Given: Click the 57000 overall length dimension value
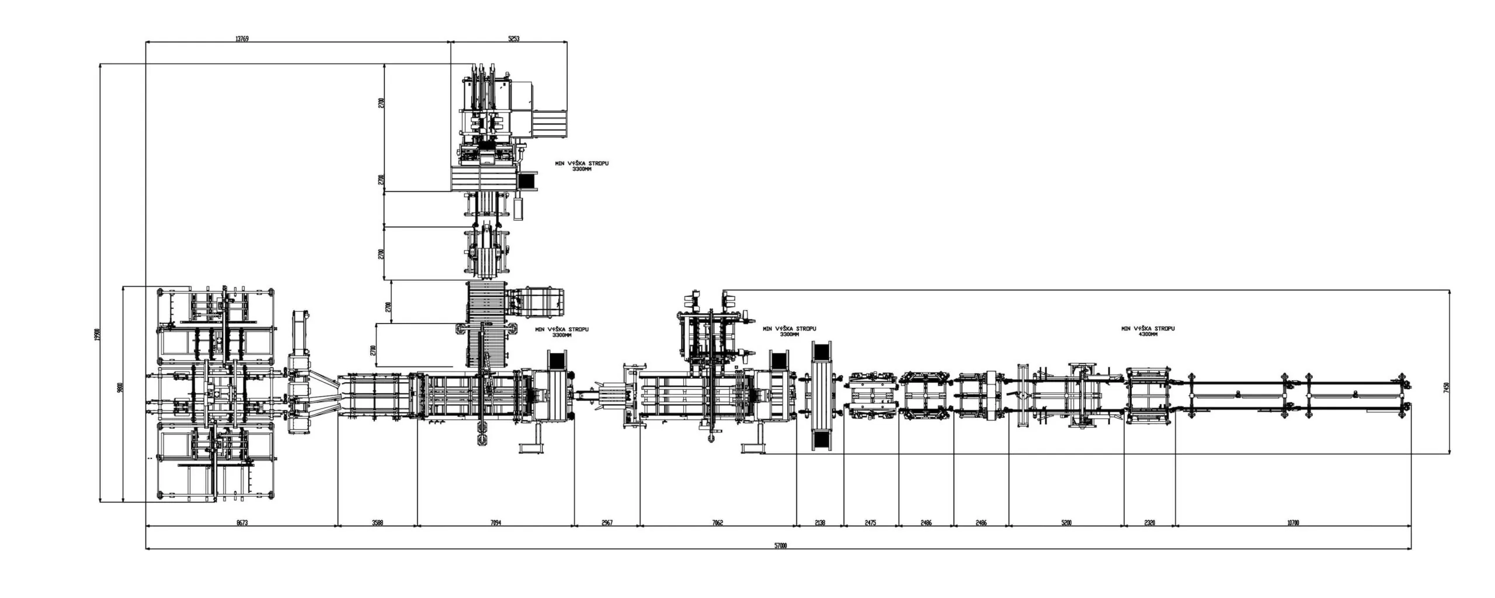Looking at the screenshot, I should click(781, 546).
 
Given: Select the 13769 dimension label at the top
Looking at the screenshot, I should click(242, 39).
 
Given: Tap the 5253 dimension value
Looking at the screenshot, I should click(513, 39).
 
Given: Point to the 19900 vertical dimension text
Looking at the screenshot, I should click(98, 335).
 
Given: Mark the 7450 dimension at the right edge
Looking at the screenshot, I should click(1458, 387).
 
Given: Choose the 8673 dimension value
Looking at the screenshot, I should click(242, 523).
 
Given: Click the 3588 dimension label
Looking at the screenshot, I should click(377, 523).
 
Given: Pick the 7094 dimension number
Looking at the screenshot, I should click(495, 523).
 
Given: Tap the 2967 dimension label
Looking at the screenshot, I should click(607, 523).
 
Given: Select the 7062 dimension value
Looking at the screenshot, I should click(718, 523).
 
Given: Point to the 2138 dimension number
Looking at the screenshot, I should click(819, 523).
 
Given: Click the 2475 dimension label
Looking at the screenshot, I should click(870, 523).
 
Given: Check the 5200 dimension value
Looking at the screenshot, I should click(1066, 523).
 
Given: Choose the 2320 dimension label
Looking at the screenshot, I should click(1149, 523).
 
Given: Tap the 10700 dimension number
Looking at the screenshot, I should click(1293, 523).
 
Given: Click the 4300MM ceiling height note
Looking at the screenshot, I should click(1148, 334).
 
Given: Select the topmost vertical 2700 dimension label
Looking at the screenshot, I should click(381, 103).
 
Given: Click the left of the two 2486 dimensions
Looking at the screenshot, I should click(926, 523).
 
